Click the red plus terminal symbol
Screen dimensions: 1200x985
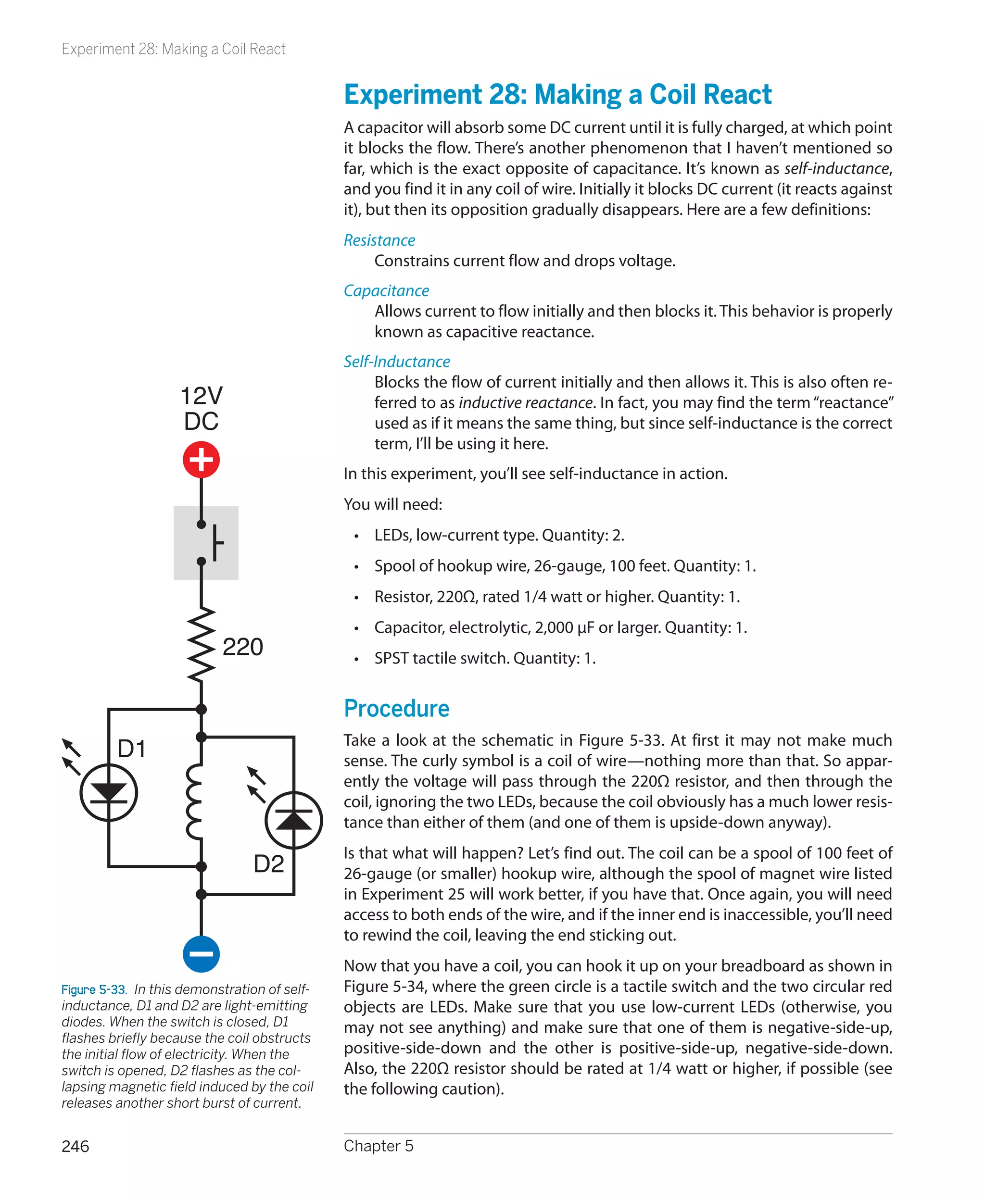[x=201, y=460]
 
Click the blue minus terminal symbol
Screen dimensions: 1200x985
[x=201, y=953]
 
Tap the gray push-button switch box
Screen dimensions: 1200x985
[x=206, y=543]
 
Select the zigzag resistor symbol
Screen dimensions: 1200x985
[x=201, y=645]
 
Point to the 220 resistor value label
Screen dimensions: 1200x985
[x=243, y=647]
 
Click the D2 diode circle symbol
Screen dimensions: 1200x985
[x=294, y=820]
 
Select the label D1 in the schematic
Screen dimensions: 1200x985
[x=132, y=749]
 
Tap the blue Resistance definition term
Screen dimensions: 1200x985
[x=379, y=240]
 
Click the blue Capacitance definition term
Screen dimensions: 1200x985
[x=386, y=290]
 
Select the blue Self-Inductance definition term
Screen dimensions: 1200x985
[x=397, y=361]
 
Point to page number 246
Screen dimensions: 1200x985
[x=75, y=1146]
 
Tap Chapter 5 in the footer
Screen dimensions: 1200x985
[x=379, y=1146]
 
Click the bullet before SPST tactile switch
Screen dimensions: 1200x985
[x=356, y=659]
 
